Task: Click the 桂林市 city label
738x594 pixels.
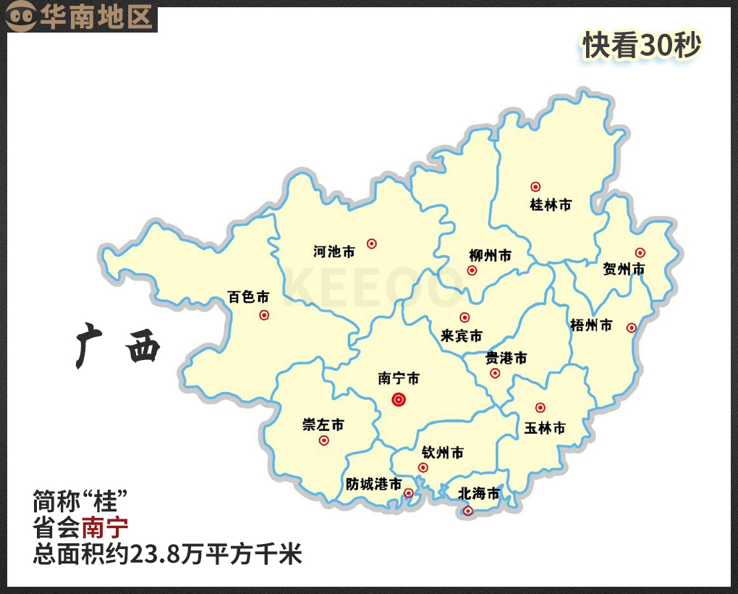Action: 551,205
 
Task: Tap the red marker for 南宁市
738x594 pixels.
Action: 399,399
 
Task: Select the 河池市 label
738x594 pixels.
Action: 334,252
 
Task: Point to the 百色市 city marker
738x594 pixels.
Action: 264,315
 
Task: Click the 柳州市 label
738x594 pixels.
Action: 490,256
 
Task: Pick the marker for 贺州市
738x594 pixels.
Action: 640,253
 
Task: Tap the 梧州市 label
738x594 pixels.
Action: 591,325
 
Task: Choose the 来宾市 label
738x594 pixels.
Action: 462,336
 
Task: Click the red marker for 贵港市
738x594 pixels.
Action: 495,373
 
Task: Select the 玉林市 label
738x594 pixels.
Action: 545,428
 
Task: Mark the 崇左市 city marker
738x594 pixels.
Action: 323,440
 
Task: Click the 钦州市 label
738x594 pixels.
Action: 443,453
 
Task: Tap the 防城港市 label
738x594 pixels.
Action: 373,484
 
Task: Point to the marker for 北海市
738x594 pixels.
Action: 467,511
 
